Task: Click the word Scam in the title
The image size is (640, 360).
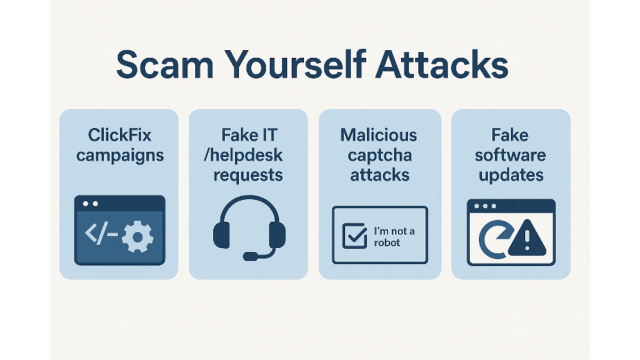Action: (x=165, y=65)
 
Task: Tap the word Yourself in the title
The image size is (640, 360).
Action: (x=295, y=64)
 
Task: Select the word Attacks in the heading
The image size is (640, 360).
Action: (x=442, y=64)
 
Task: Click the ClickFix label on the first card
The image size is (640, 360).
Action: (x=119, y=135)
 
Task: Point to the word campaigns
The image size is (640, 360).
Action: (x=120, y=156)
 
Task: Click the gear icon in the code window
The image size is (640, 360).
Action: (x=138, y=236)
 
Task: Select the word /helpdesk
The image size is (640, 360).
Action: (x=243, y=155)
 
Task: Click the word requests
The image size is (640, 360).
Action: (x=248, y=176)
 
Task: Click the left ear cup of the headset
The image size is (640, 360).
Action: (x=221, y=235)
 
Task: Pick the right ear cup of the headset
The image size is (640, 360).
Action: (x=277, y=235)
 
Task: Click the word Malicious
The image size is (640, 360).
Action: (x=379, y=135)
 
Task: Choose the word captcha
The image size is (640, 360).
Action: (x=379, y=156)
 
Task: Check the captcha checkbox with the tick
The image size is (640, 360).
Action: (x=354, y=236)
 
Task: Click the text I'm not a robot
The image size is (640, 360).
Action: (x=394, y=237)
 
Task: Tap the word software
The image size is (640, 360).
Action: (x=510, y=155)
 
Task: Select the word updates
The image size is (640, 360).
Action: (x=511, y=175)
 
